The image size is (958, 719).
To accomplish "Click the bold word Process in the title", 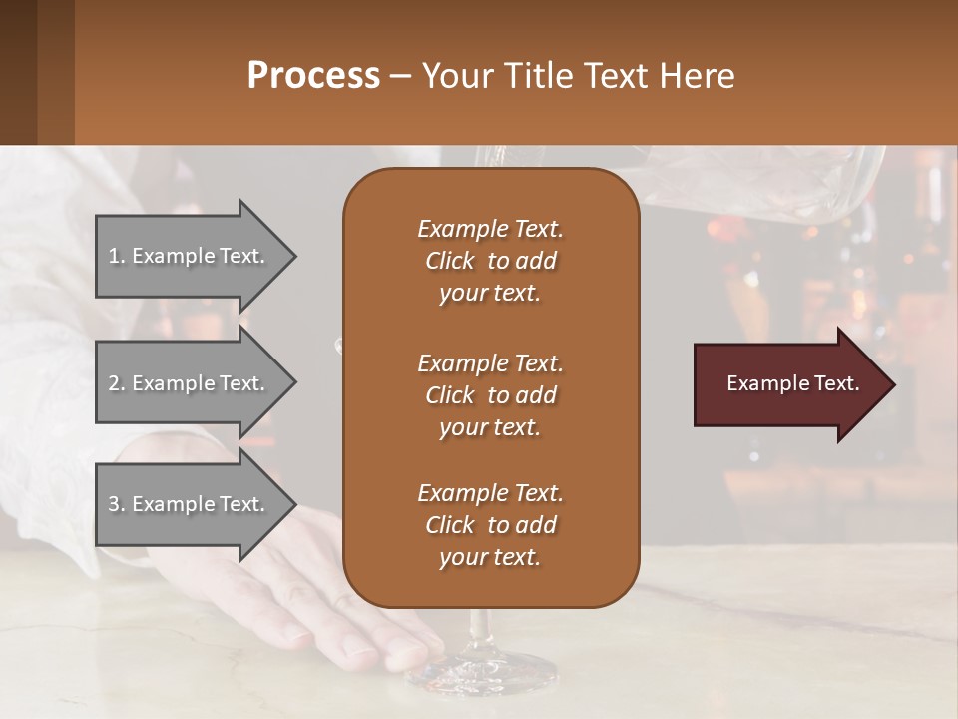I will [x=313, y=76].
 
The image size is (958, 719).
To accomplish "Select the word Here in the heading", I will [x=695, y=76].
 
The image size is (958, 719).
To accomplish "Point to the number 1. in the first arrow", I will [x=117, y=256].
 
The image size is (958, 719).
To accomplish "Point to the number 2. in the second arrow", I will [x=117, y=383].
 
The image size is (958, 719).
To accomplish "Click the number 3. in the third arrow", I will [x=117, y=504].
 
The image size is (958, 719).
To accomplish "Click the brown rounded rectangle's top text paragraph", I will [x=490, y=261].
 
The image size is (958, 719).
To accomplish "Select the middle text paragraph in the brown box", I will [x=490, y=394].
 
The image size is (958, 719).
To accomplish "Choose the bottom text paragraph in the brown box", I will [x=490, y=525].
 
